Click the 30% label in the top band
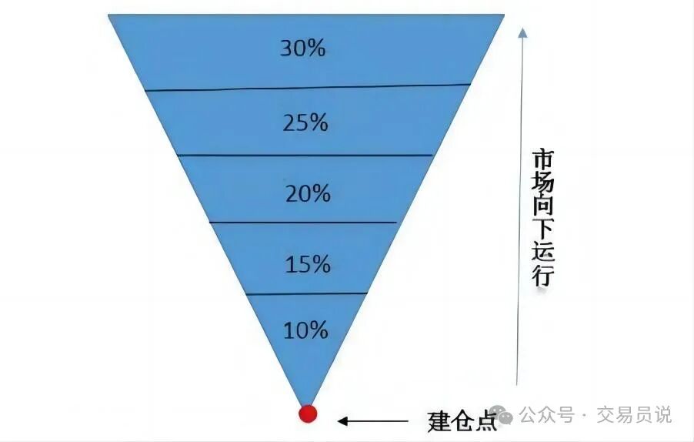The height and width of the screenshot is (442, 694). [303, 49]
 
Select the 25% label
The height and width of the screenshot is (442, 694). [305, 122]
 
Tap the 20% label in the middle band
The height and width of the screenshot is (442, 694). [308, 193]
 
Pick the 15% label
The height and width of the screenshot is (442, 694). [308, 265]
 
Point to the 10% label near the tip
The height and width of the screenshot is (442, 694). [306, 331]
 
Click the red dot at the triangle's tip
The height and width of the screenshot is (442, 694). [308, 414]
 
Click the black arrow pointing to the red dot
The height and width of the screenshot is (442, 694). [373, 421]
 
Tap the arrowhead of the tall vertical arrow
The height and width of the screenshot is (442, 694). [522, 32]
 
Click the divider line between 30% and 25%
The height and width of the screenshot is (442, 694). [308, 87]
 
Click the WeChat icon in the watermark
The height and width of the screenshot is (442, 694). [506, 415]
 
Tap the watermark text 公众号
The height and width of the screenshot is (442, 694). [547, 415]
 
